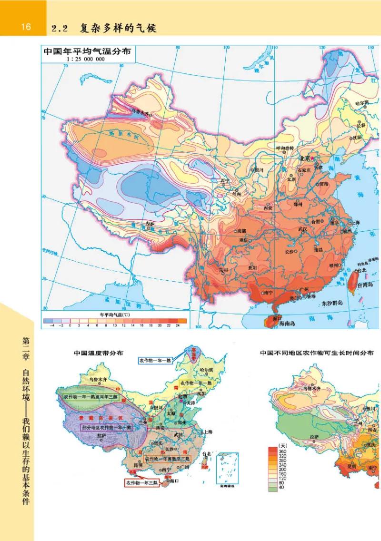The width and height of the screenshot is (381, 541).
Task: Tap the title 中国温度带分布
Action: pyautogui.click(x=99, y=353)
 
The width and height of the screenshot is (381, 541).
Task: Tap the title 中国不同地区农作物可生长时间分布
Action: pyautogui.click(x=316, y=353)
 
